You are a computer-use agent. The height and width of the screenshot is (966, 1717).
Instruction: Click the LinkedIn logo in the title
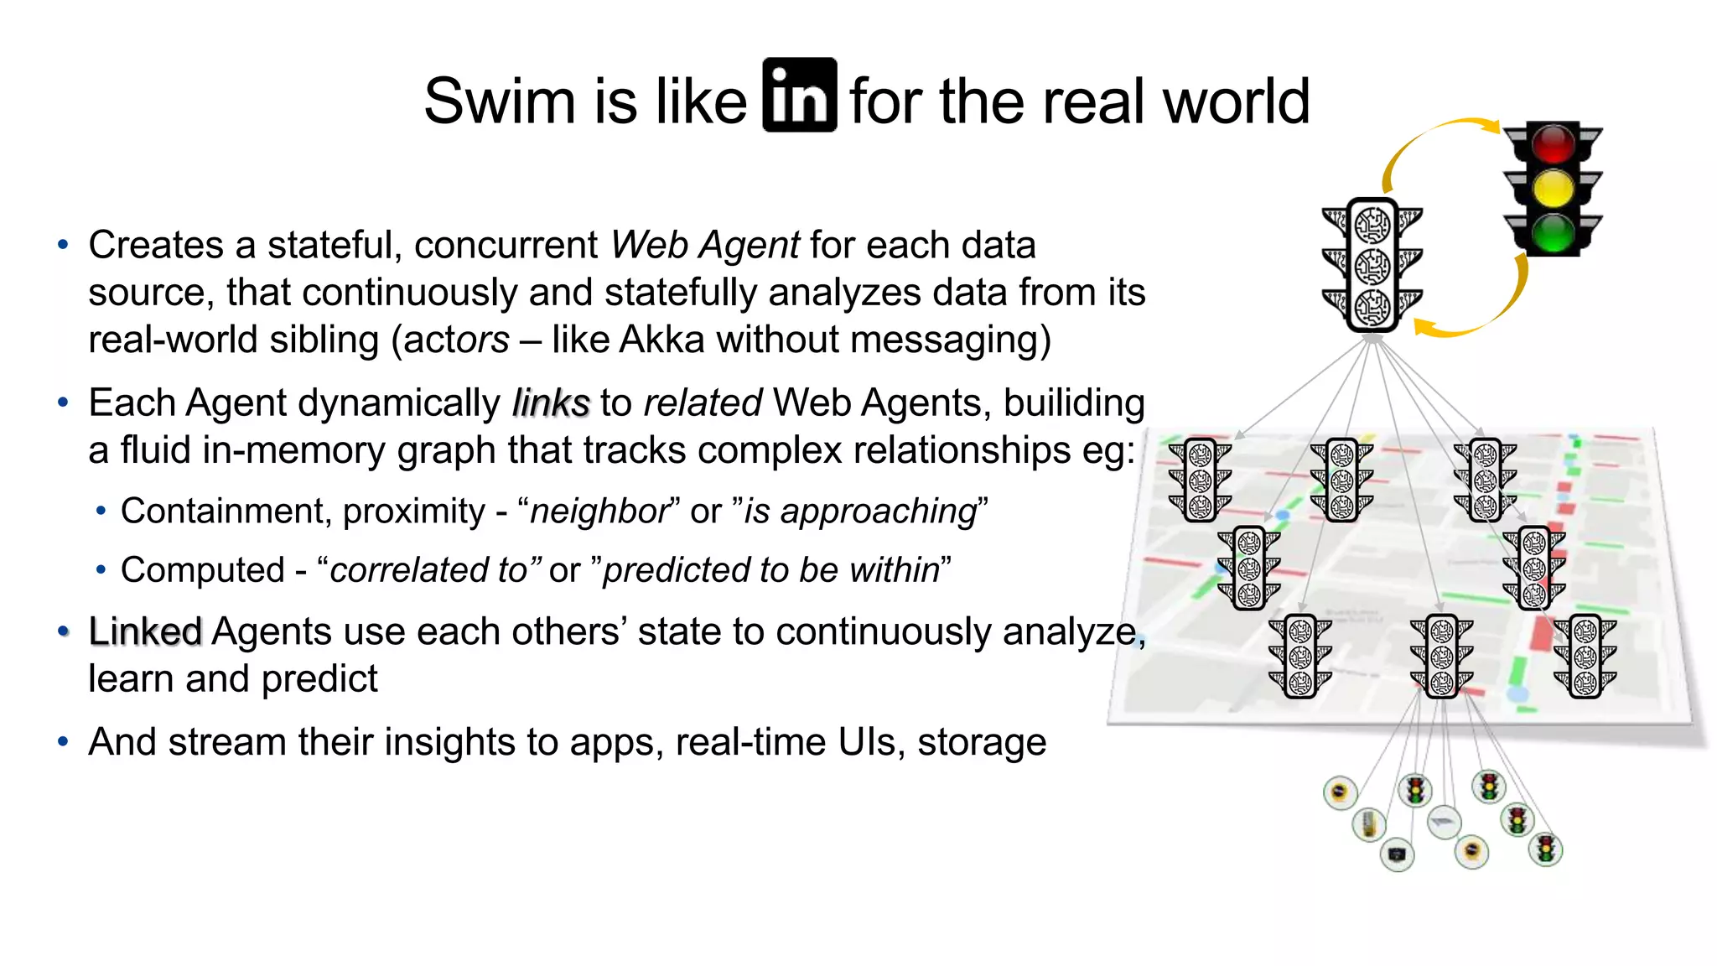click(x=799, y=95)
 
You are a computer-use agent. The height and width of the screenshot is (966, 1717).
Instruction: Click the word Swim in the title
click(x=498, y=101)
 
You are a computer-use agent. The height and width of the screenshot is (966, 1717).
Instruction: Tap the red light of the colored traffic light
click(x=1553, y=143)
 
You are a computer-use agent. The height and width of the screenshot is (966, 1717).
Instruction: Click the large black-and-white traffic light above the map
click(x=1372, y=265)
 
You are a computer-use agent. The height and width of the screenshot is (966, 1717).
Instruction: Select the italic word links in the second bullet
click(x=551, y=403)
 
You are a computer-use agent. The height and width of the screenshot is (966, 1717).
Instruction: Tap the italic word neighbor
click(x=599, y=512)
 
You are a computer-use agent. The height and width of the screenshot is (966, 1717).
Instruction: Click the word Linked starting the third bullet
click(x=145, y=631)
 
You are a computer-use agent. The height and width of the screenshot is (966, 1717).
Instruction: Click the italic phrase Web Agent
click(x=704, y=246)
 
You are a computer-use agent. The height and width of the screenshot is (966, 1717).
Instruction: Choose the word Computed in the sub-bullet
click(x=203, y=570)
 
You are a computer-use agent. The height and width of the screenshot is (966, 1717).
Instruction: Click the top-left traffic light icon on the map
click(x=1200, y=480)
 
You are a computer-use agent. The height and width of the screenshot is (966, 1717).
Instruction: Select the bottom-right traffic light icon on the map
click(x=1584, y=657)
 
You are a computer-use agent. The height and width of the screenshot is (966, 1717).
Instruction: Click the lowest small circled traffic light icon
click(x=1545, y=849)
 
